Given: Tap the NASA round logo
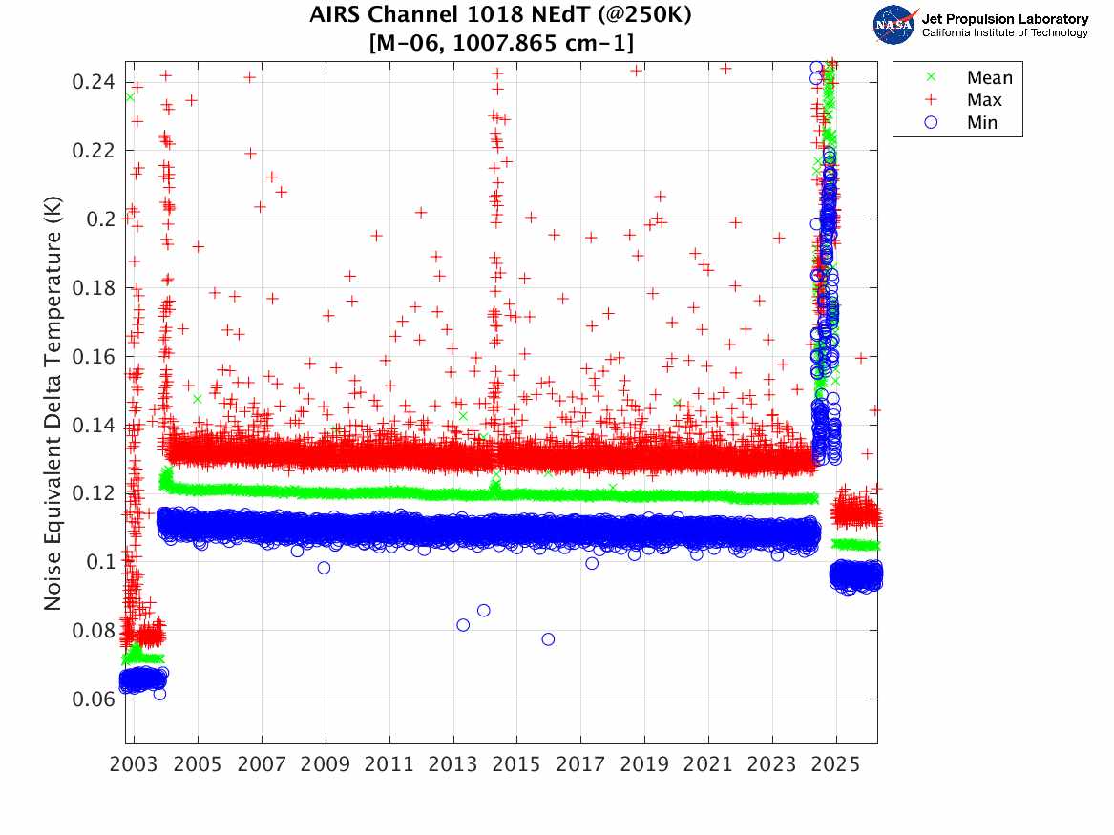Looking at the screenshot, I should click(x=893, y=25).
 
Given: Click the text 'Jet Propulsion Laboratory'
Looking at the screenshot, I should click(x=1004, y=19).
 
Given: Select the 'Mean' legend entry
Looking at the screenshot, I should click(x=989, y=78).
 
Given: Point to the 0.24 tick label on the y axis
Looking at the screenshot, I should click(x=93, y=81).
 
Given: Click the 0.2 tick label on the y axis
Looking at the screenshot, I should click(x=99, y=219).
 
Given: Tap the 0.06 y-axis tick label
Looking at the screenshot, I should click(x=93, y=699).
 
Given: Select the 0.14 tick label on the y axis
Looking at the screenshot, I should click(x=93, y=425).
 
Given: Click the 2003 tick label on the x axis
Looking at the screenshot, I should click(x=135, y=765).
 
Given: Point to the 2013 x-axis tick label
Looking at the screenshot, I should click(x=453, y=765).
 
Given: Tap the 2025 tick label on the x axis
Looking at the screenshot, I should click(x=836, y=765).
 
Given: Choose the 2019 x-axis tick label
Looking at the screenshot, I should click(x=644, y=765).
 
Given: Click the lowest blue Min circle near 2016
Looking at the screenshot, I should click(x=548, y=638).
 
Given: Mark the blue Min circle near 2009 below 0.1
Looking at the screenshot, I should click(x=324, y=567).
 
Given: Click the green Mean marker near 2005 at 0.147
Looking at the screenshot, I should click(x=198, y=399).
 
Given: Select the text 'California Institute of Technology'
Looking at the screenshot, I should click(x=1004, y=33).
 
